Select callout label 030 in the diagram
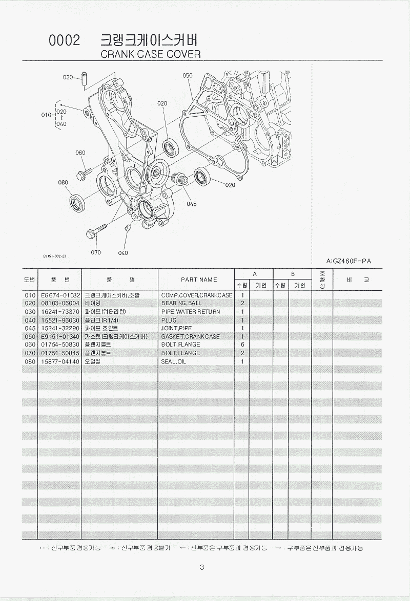click(x=68, y=77)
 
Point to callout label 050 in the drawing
click(x=187, y=75)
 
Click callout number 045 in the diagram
click(x=191, y=204)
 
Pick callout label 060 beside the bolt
click(x=80, y=153)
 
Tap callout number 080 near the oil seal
click(x=63, y=182)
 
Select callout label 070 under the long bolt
click(x=96, y=252)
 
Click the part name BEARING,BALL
click(x=181, y=304)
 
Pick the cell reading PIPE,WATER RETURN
click(x=191, y=312)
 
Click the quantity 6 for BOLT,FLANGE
click(x=242, y=345)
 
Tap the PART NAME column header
click(x=199, y=280)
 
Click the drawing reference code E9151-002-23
click(x=55, y=255)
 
